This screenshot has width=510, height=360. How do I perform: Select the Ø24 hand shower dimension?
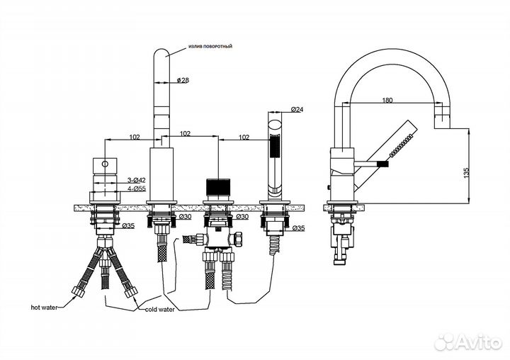click(x=297, y=110)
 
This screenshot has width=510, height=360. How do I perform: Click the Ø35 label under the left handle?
click(x=128, y=226)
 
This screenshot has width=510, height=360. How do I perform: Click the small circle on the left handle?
click(x=106, y=162)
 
